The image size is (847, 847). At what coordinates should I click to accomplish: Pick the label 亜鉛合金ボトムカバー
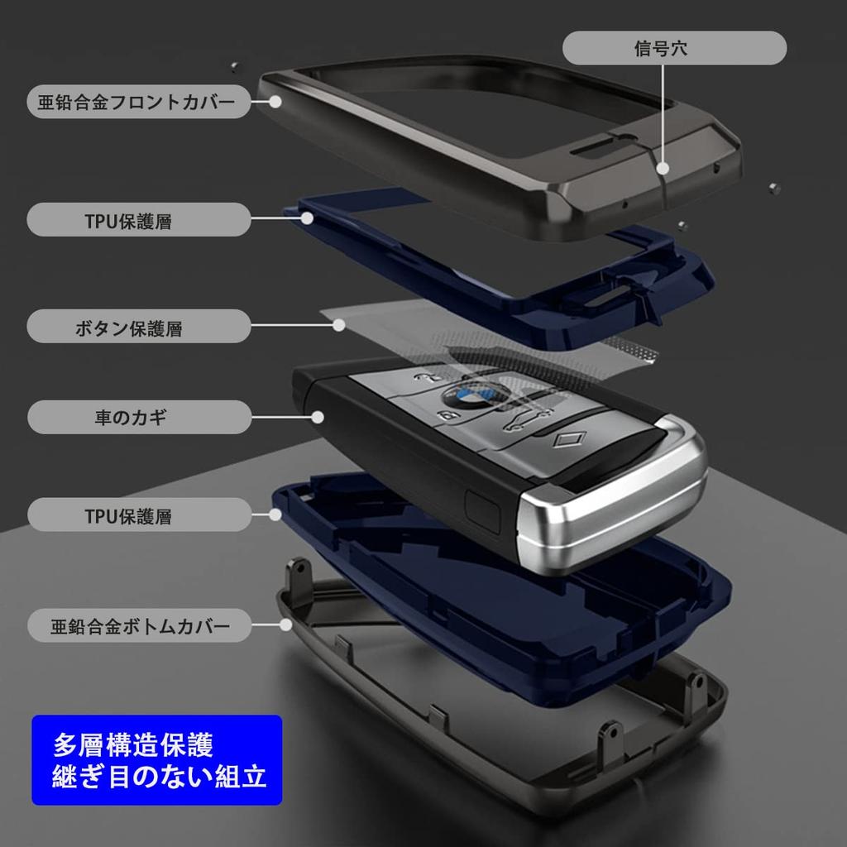[x=139, y=625]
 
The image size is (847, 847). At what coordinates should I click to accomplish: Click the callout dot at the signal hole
[x=663, y=169]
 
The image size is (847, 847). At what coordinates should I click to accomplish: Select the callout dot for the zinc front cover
[x=275, y=102]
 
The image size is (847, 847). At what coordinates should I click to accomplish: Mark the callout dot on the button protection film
[x=338, y=325]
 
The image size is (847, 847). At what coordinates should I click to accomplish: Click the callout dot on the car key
[x=318, y=417]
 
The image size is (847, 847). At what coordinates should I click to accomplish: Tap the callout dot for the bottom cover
[x=285, y=625]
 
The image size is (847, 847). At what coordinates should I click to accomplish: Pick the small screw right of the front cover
[x=774, y=189]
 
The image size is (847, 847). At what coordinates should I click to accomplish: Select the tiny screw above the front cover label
[x=234, y=67]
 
